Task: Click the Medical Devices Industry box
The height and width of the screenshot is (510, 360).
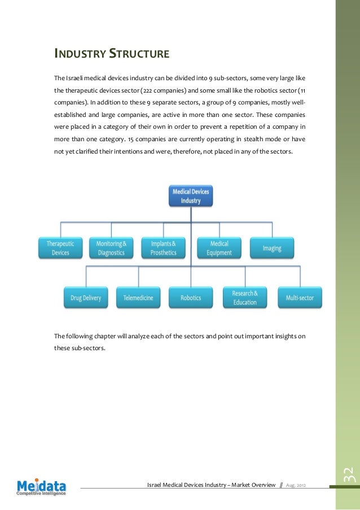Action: tap(191, 196)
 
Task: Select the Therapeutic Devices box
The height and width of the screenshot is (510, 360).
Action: tap(60, 248)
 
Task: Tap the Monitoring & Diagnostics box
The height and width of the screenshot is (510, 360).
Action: tap(111, 248)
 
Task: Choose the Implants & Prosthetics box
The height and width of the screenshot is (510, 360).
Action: tap(163, 248)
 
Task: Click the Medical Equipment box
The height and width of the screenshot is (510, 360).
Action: tap(219, 248)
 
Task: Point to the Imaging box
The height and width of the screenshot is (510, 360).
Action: tap(271, 248)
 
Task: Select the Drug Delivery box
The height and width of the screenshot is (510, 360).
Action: tap(86, 298)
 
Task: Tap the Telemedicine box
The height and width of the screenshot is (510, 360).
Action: tap(138, 298)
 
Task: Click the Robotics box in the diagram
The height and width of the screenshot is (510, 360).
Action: tap(191, 298)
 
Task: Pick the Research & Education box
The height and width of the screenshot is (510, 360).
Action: tap(244, 298)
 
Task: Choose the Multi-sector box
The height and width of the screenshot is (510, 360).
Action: tap(300, 298)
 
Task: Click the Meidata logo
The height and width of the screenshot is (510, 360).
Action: tap(41, 486)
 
